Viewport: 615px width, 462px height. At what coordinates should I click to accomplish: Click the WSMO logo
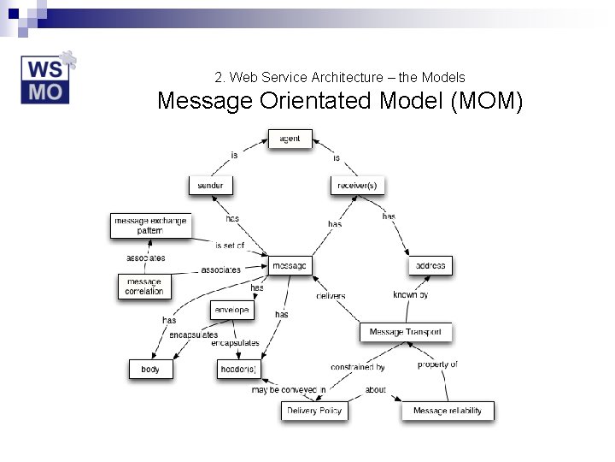tap(48, 80)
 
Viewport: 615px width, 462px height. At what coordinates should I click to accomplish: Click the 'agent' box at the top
tap(290, 139)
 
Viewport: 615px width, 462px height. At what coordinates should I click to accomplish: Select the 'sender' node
tap(210, 185)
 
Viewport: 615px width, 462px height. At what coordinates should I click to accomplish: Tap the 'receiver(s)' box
tap(357, 185)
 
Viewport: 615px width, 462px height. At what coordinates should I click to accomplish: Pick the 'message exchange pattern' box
tap(149, 226)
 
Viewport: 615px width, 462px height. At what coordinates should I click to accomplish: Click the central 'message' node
tap(290, 266)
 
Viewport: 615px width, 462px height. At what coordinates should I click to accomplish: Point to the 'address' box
tap(430, 266)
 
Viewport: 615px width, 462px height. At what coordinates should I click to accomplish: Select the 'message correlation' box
tap(144, 287)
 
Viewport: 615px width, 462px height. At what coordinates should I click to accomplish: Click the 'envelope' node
tap(232, 310)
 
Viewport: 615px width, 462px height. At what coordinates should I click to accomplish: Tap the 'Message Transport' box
tap(406, 332)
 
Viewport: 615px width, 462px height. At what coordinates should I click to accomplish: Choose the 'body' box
tap(150, 370)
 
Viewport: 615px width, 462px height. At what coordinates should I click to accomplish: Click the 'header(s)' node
tap(237, 370)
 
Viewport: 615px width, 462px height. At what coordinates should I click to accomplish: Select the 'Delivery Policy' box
tap(314, 411)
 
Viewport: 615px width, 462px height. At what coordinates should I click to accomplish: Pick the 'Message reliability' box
tap(448, 411)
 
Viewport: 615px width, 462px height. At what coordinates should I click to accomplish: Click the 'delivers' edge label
tap(331, 296)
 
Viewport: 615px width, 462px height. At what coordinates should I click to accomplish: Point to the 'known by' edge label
tap(410, 295)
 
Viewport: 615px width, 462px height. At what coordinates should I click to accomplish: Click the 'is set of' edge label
tap(230, 246)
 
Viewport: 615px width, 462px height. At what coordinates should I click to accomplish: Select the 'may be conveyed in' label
tap(289, 390)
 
